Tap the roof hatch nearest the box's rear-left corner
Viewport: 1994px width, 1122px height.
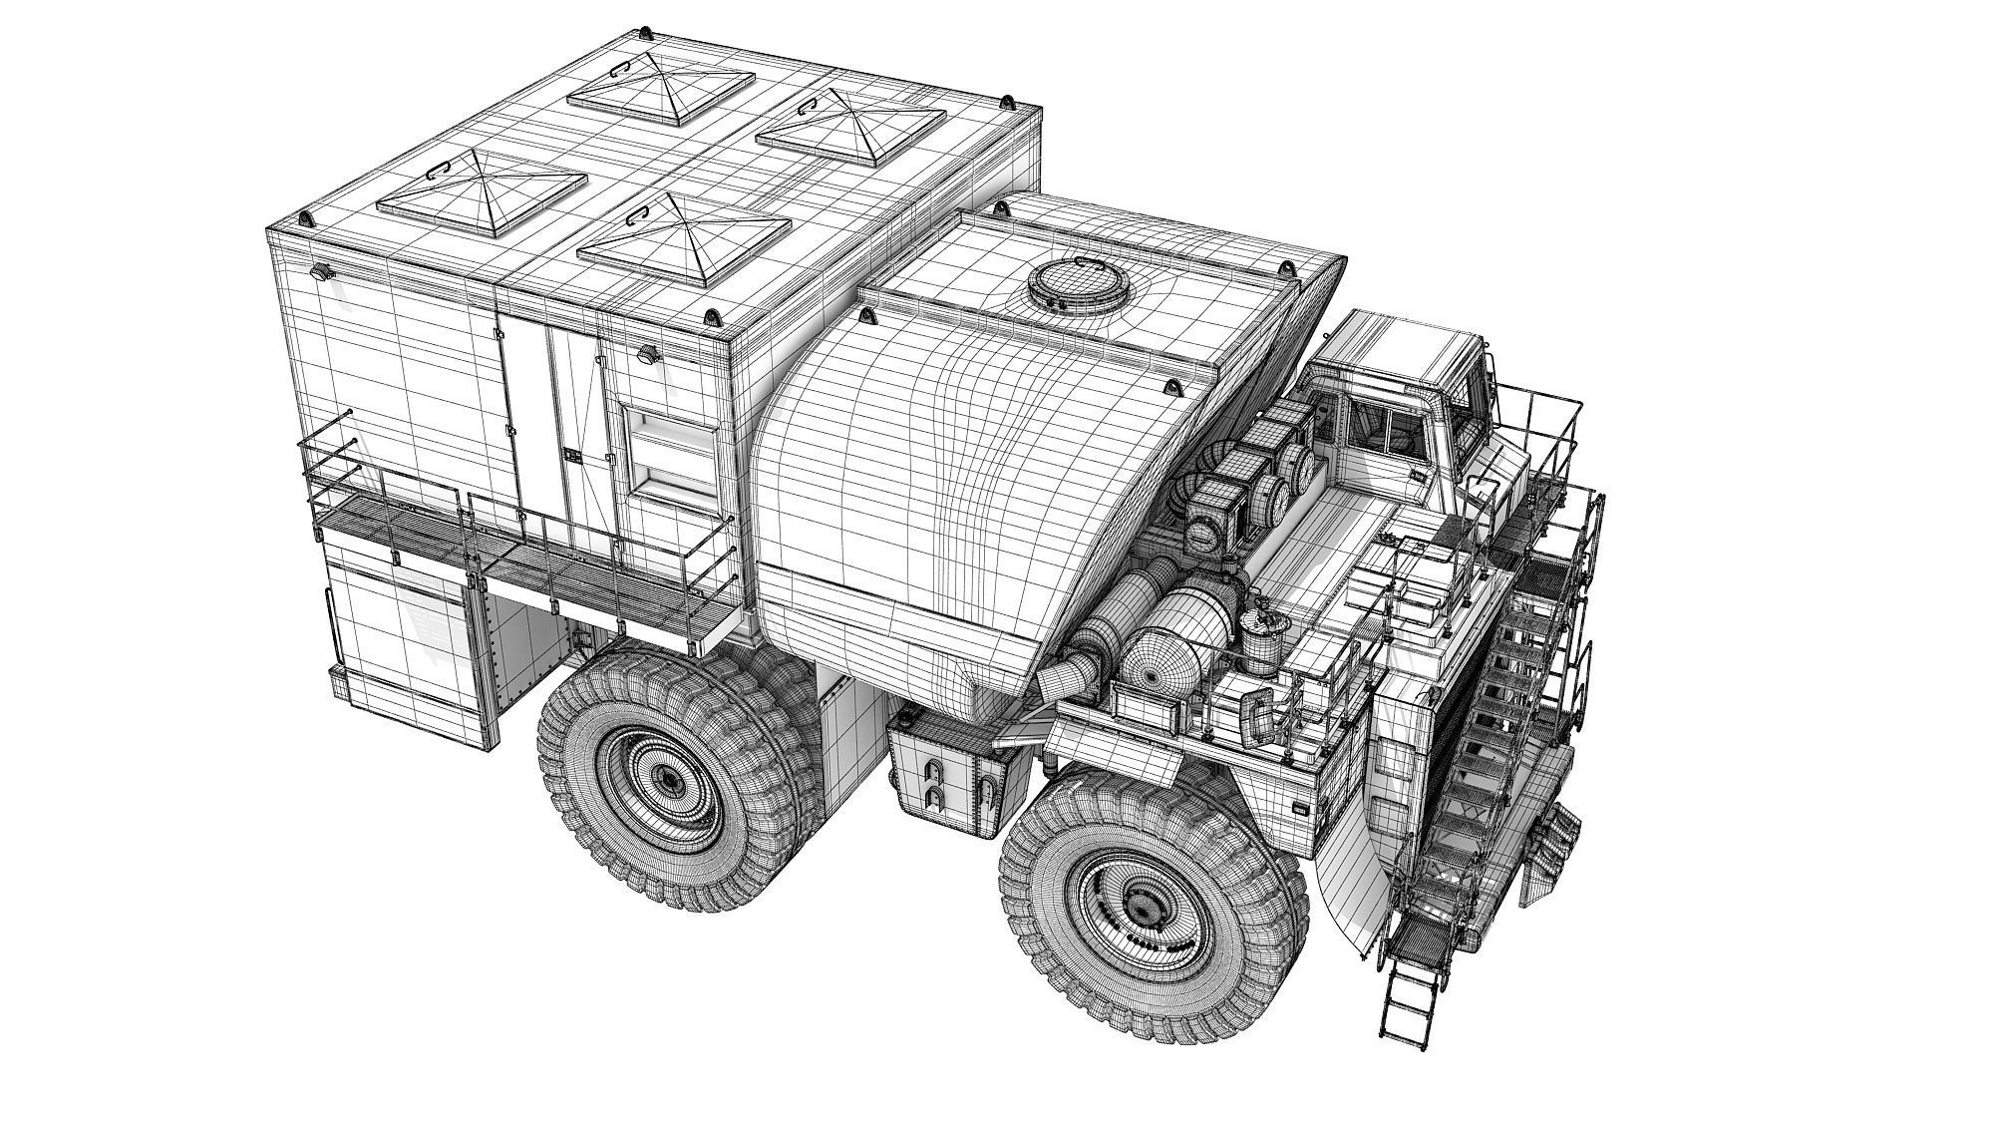[x=482, y=190]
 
